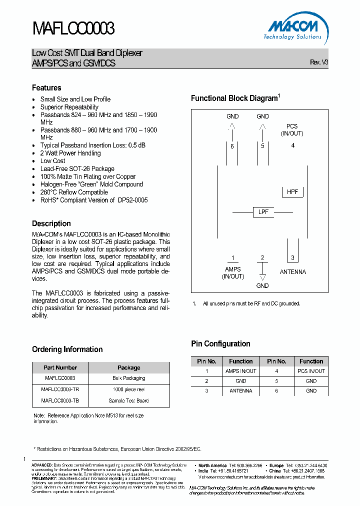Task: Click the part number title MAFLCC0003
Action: pos(73,29)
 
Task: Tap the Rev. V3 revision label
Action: pos(319,62)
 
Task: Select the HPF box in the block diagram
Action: pos(292,192)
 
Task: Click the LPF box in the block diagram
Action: pos(263,212)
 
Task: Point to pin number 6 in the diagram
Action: pos(232,146)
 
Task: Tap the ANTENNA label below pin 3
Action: pos(292,272)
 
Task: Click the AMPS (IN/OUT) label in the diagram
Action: pos(232,272)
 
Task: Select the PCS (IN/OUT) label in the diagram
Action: pos(292,130)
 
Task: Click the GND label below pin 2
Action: pos(262,285)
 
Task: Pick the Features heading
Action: pos(46,88)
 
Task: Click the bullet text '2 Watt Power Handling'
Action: pos(70,153)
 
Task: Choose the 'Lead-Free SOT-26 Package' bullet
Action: pos(77,169)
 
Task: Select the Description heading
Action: pos(51,223)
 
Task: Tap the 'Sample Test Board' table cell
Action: pos(128,400)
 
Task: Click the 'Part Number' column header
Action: pos(60,367)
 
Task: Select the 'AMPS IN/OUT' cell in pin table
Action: pos(240,371)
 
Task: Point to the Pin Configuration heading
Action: pos(220,344)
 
